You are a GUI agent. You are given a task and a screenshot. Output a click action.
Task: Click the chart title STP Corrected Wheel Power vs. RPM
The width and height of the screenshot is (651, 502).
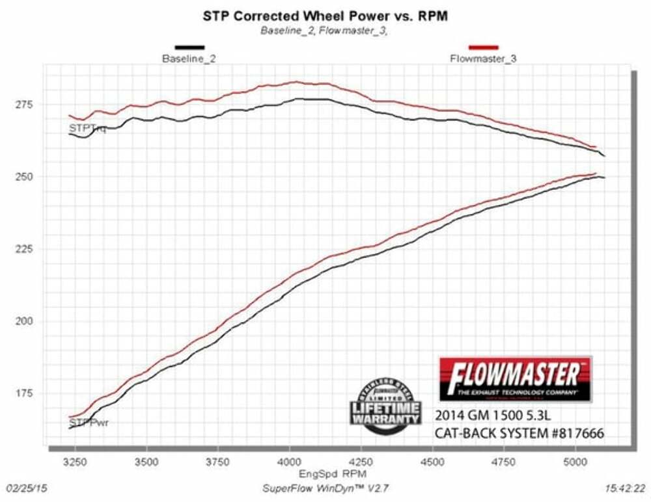(x=325, y=16)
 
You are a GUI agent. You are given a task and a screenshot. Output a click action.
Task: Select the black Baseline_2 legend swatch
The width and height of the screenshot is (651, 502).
(x=189, y=47)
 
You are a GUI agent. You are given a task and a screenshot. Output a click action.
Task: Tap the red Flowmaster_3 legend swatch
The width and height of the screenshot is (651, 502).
(x=483, y=47)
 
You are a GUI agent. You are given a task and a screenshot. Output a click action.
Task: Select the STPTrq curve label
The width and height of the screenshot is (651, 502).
(x=87, y=129)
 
